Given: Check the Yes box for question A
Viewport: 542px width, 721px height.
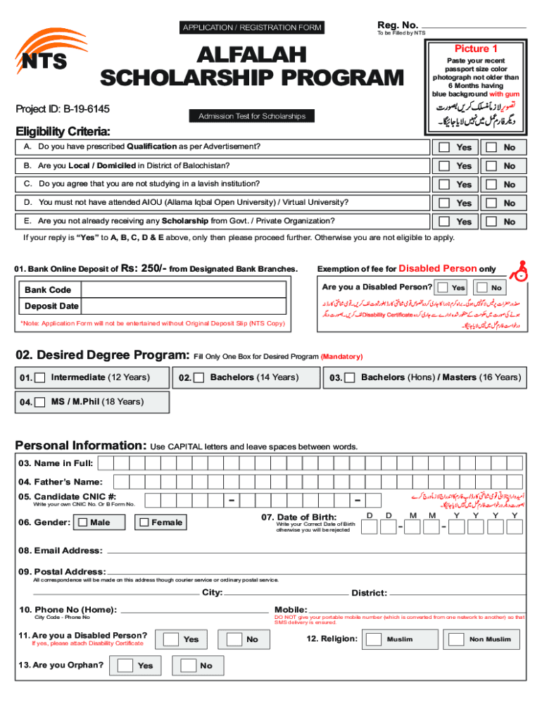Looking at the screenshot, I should tap(443, 148).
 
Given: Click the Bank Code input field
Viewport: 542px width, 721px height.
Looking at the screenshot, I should tap(184, 289).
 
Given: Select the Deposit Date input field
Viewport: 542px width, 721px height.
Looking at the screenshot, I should tap(184, 306).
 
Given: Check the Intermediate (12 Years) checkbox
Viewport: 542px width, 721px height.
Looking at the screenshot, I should tap(40, 378).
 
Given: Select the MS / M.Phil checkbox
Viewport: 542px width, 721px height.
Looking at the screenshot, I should tap(40, 402).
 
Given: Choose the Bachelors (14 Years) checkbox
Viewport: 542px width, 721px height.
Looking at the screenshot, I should tap(199, 378).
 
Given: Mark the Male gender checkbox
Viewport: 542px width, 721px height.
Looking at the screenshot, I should tap(83, 522).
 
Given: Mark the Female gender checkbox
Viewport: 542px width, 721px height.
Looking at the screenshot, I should tap(144, 522).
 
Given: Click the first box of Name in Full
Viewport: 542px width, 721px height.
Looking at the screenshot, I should tap(107, 463).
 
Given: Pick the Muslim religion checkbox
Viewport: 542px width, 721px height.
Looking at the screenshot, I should tap(374, 639).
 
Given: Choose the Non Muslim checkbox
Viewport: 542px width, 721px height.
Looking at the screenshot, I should tap(457, 639).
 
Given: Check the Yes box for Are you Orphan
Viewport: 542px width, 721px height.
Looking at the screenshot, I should tap(125, 665).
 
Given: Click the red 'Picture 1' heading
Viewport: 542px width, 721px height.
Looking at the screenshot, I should tap(476, 49).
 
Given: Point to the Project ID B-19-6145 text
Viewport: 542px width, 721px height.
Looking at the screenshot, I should tap(63, 110).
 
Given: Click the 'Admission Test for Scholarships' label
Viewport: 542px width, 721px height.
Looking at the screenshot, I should tap(251, 116).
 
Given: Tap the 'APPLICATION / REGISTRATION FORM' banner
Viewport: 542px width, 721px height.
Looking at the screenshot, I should tap(251, 27).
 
